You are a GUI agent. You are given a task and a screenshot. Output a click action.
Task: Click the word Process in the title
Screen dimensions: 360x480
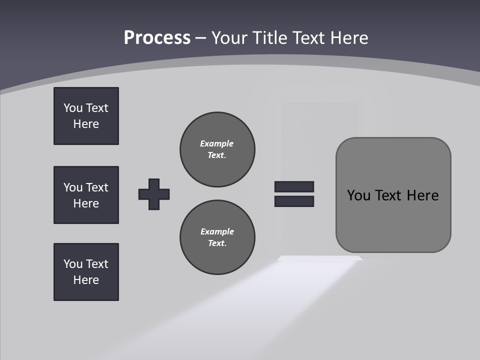[x=157, y=38]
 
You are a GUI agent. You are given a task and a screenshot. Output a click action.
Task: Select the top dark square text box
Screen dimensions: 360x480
[x=86, y=116]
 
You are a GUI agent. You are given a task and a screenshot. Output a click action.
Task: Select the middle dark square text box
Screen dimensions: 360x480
[x=86, y=195]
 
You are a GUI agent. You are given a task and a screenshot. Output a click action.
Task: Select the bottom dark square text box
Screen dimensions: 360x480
[x=86, y=272]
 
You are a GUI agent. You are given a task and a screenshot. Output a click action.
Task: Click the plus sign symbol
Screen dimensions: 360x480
[x=154, y=194]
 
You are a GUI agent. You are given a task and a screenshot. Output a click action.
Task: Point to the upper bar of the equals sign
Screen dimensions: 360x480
[x=294, y=186]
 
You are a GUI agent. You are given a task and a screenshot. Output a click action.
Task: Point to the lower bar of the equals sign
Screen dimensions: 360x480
[x=294, y=201]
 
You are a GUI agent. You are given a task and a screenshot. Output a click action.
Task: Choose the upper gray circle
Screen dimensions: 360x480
[x=217, y=149]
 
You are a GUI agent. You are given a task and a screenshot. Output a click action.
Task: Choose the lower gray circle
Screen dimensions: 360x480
[x=217, y=237]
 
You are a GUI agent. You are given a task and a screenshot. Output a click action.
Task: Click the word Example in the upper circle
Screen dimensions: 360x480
[x=216, y=143]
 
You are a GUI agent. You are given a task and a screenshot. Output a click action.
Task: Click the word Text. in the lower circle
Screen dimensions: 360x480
[x=217, y=243]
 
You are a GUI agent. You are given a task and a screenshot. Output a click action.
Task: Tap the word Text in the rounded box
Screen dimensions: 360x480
[x=388, y=195]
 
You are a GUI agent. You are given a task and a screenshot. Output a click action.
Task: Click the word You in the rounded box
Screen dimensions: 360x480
[x=358, y=195]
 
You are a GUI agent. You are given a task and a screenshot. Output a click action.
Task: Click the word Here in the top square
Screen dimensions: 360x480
[x=86, y=124]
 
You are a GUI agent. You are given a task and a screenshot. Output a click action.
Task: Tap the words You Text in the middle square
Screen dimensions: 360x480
[x=86, y=187]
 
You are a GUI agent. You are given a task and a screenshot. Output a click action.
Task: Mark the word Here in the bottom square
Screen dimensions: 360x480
[x=86, y=280]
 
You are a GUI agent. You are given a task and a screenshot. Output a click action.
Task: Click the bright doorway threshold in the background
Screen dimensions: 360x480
[x=320, y=258]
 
